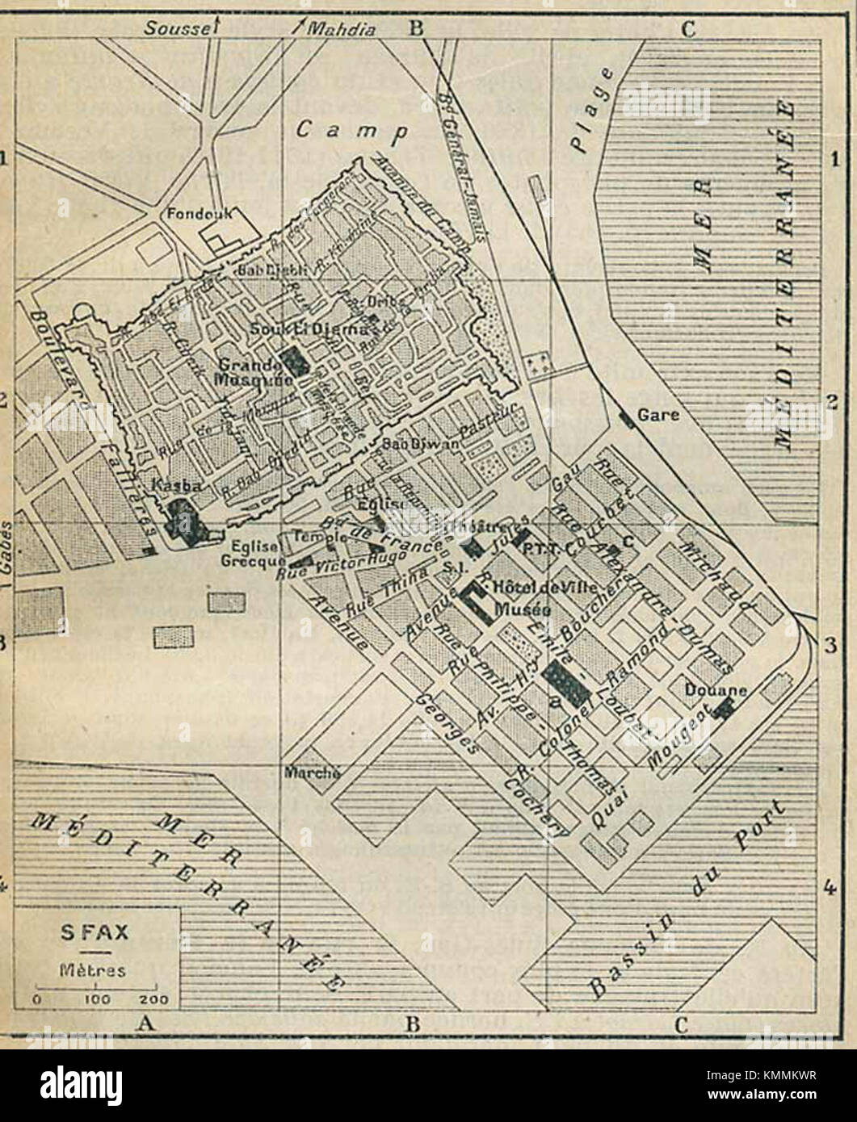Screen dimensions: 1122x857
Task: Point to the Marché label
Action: click(x=312, y=772)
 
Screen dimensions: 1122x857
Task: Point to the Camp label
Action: click(x=350, y=130)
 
